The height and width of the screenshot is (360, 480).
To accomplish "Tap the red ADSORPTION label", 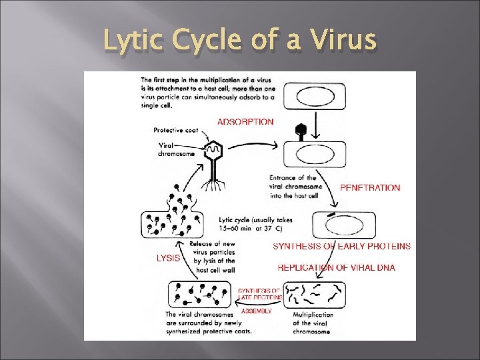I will pos(245,122).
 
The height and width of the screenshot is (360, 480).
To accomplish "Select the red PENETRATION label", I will pos(370,188).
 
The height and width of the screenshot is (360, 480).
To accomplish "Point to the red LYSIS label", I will pos(167,258).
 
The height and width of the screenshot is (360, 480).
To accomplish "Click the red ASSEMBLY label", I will pos(256,311).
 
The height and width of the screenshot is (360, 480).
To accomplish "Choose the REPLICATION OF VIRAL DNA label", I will pos(336,268).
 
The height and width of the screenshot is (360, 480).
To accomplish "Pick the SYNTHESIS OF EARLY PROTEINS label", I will pos(341,246).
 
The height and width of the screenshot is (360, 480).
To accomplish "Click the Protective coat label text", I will pos(177,130).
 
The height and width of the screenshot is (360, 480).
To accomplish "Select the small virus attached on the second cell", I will pos(301,131).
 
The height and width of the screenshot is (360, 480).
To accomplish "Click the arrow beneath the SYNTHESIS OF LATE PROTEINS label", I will pos(261,303).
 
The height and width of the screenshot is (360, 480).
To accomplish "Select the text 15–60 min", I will pos(235,229).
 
